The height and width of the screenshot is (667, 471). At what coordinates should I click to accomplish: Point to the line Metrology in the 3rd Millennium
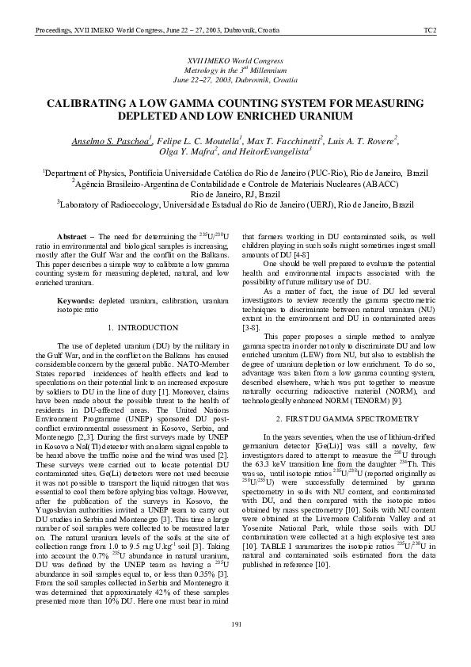point(235,71)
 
